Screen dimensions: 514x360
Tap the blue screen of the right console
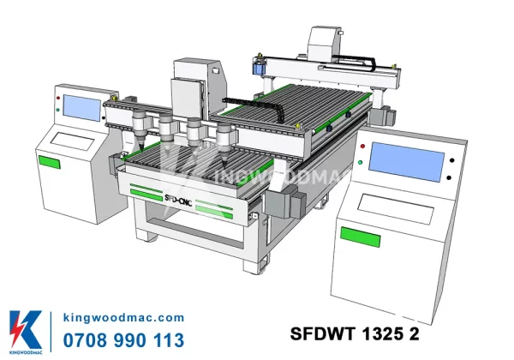[406, 162]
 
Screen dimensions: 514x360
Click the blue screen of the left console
[82, 107]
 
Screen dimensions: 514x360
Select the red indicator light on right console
[362, 146]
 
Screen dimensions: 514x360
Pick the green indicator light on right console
[361, 162]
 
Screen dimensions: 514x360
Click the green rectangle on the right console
[361, 237]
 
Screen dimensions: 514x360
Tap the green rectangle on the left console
[50, 162]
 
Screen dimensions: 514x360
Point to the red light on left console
[58, 98]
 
